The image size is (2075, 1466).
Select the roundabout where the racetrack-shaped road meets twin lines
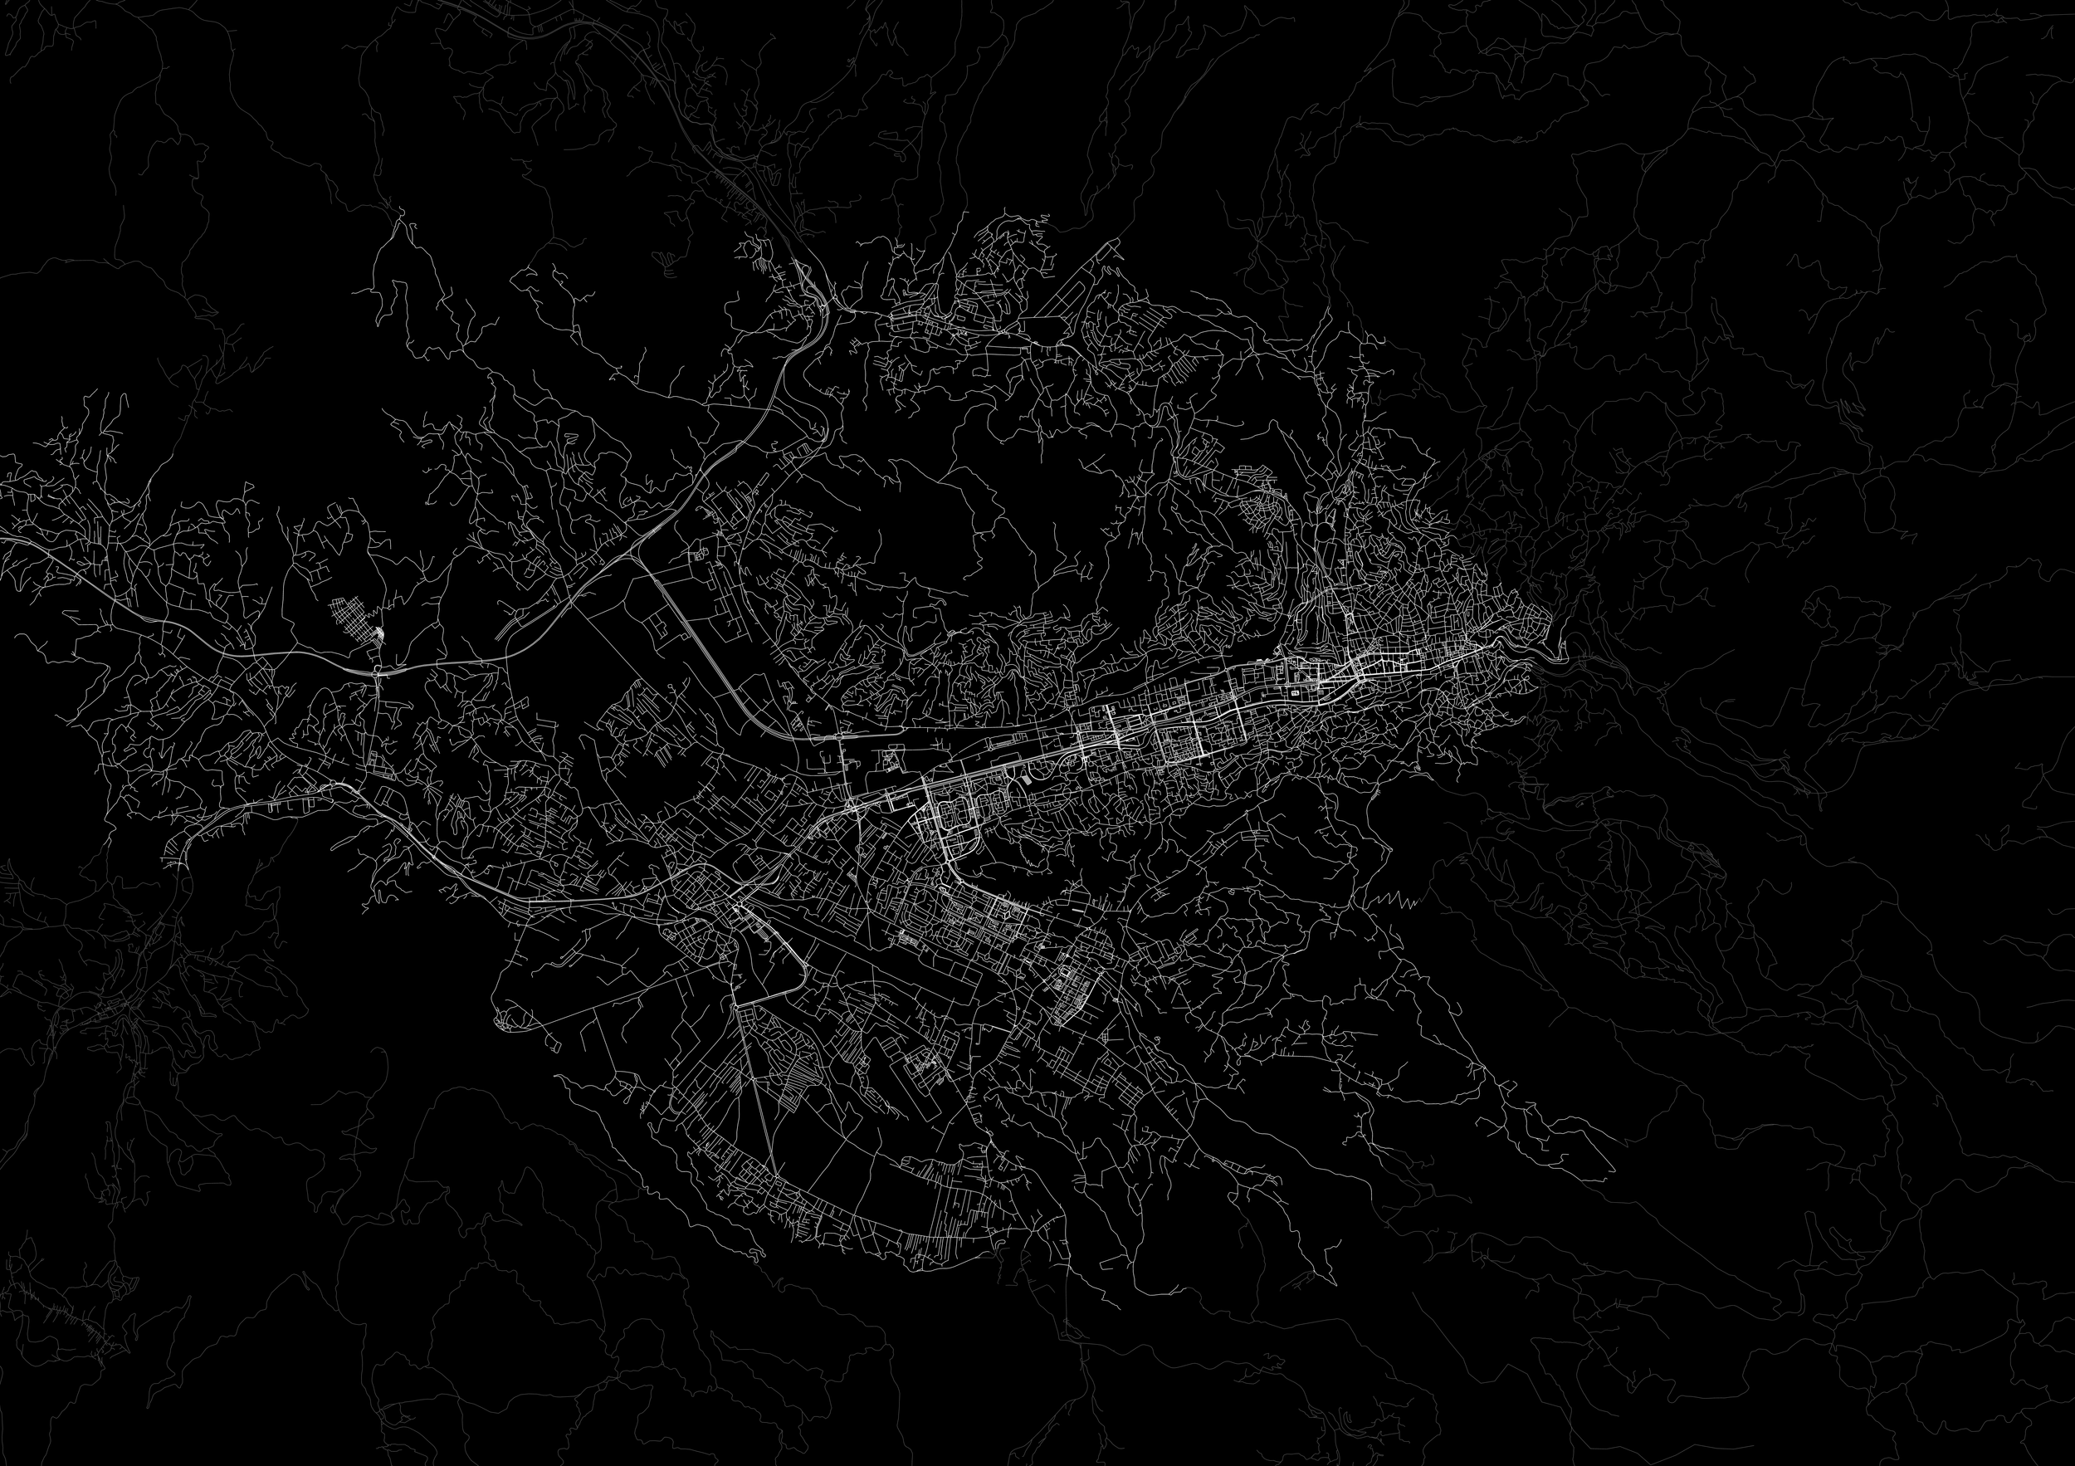coord(740,1004)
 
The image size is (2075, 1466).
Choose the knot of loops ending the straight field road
coord(510,1021)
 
